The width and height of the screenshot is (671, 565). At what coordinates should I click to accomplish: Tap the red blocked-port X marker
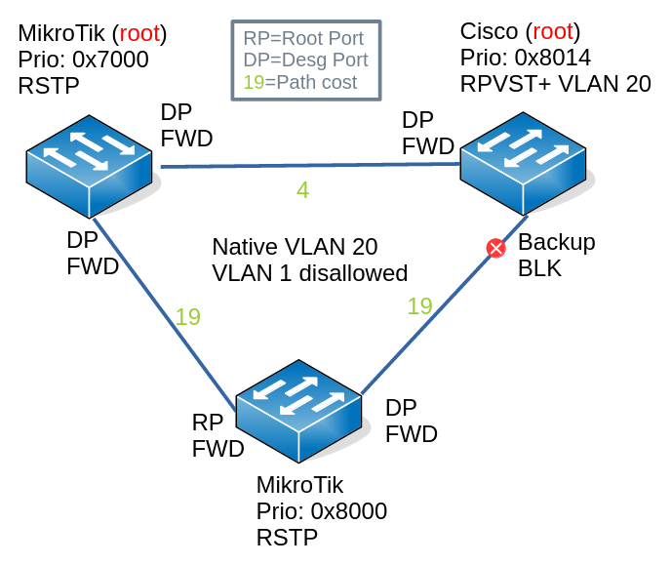pyautogui.click(x=495, y=249)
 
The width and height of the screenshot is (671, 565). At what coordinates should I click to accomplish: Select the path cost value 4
pyautogui.click(x=302, y=190)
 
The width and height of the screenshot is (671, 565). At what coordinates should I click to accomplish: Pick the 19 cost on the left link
pyautogui.click(x=187, y=316)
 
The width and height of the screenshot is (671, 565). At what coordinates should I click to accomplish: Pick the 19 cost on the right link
pyautogui.click(x=419, y=306)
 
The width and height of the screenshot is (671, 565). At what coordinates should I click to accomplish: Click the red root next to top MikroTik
pyautogui.click(x=139, y=34)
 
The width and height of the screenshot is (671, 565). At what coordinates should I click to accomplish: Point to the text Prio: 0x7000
pyautogui.click(x=83, y=60)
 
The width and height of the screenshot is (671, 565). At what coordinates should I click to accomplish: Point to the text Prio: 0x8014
pyautogui.click(x=526, y=58)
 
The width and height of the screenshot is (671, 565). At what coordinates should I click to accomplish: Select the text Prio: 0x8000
pyautogui.click(x=322, y=511)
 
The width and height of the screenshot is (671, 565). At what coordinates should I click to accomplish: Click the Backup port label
pyautogui.click(x=556, y=242)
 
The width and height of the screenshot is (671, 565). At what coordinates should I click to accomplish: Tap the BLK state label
pyautogui.click(x=539, y=267)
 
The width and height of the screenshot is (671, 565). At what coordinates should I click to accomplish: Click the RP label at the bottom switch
pyautogui.click(x=208, y=423)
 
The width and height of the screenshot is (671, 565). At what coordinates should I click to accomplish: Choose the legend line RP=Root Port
pyautogui.click(x=303, y=39)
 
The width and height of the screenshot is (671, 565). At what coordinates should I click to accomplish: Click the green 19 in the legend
pyautogui.click(x=254, y=82)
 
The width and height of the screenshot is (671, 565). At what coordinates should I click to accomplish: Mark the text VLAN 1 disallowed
pyautogui.click(x=309, y=271)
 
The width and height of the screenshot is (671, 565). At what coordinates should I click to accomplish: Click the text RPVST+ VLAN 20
pyautogui.click(x=555, y=83)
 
